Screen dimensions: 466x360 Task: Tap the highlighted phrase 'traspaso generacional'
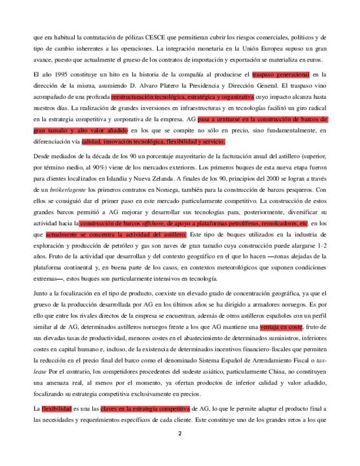click(x=280, y=74)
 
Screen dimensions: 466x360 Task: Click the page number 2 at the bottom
click(x=179, y=433)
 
